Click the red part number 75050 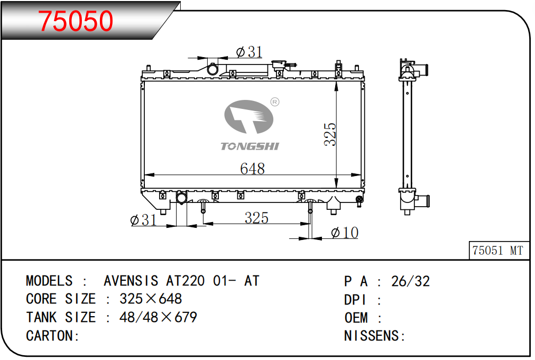tap(76, 21)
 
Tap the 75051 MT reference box tap(499, 251)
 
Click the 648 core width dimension tap(253, 169)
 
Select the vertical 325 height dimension tap(330, 134)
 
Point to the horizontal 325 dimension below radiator tap(256, 218)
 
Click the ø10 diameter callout tap(345, 233)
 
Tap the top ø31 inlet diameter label tap(250, 52)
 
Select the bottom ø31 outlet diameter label tap(144, 220)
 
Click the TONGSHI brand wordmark tap(250, 146)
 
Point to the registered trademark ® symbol tap(275, 101)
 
